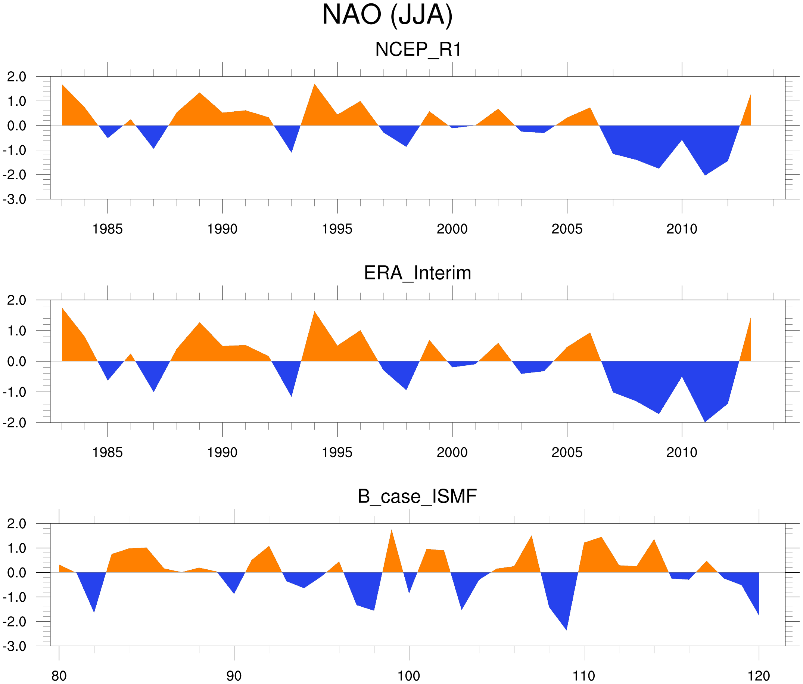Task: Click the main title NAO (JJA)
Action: click(387, 16)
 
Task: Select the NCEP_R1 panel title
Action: click(418, 50)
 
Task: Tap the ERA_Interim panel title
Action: click(417, 273)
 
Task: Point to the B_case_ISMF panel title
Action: click(417, 496)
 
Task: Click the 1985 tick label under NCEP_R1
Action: click(108, 229)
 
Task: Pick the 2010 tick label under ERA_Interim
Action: click(682, 452)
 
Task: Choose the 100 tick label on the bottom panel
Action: click(409, 676)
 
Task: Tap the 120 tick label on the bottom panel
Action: click(759, 676)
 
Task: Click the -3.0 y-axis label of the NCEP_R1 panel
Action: click(15, 200)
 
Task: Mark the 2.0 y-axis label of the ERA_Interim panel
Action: click(17, 300)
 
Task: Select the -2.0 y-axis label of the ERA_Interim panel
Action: click(15, 423)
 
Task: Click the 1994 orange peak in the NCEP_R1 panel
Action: click(314, 87)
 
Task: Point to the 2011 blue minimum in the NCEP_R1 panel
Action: click(704, 173)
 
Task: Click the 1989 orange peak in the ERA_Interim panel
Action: click(200, 326)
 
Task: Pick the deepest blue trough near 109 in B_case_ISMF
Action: click(566, 625)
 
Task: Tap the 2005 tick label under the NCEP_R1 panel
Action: click(567, 229)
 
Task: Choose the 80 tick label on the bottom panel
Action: click(59, 676)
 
